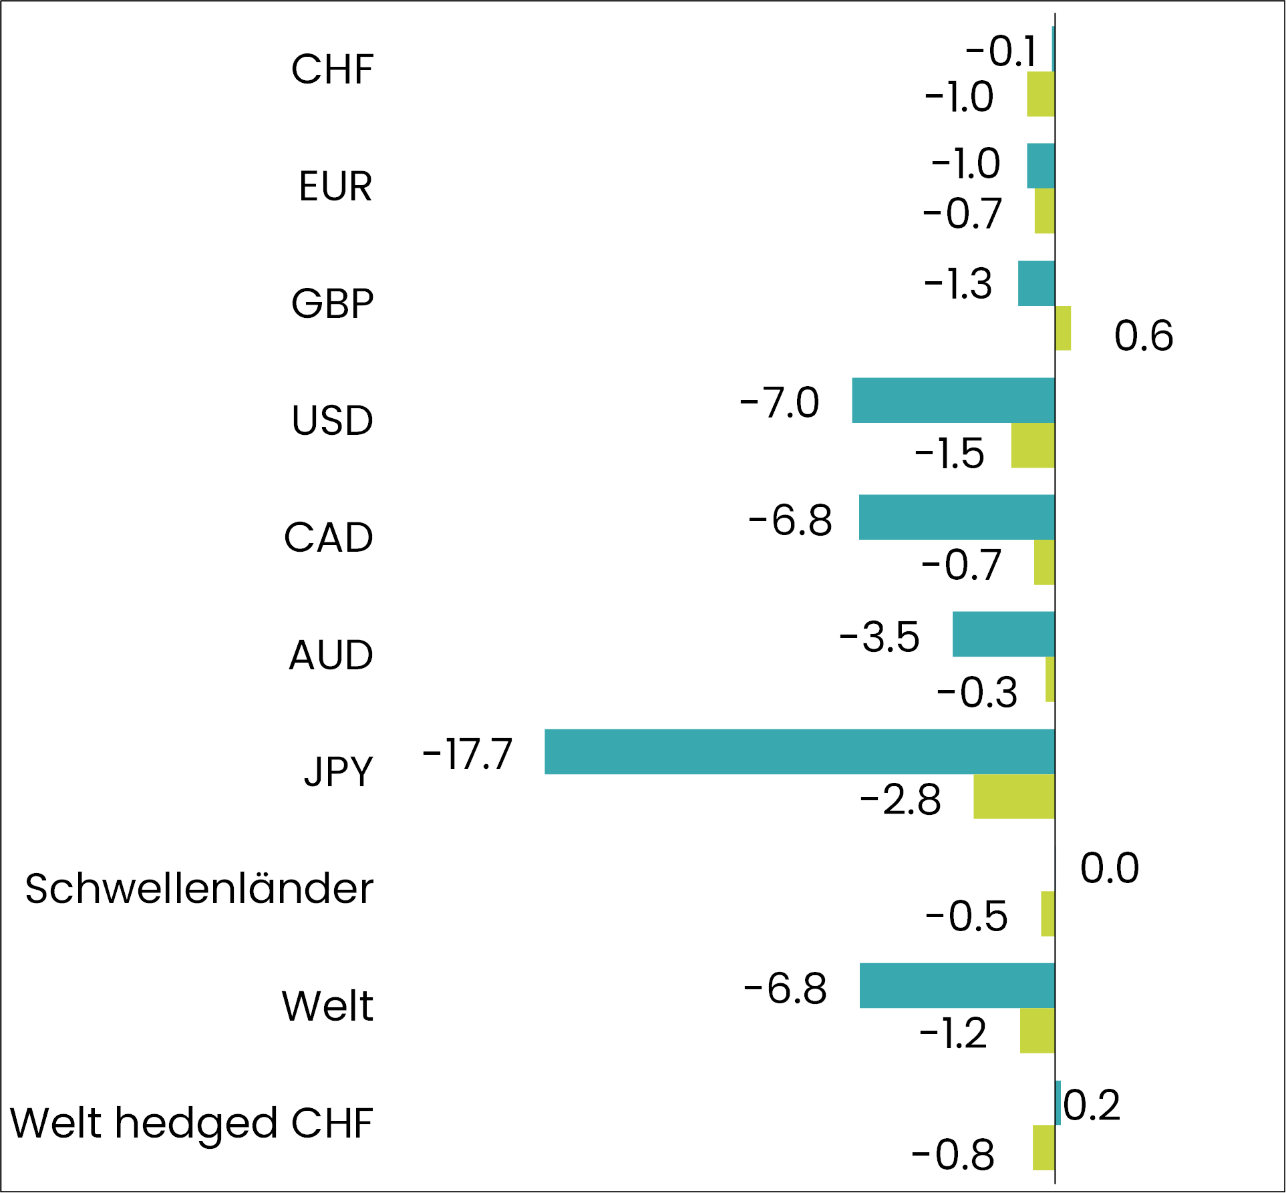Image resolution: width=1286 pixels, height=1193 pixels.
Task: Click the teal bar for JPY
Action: [x=800, y=751]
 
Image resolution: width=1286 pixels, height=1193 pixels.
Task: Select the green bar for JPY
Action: [x=1014, y=796]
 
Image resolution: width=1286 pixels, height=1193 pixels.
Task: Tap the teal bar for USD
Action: [x=953, y=400]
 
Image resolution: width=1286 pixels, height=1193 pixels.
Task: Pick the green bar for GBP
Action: [x=1063, y=328]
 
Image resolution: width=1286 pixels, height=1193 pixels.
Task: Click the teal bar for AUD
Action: [x=1003, y=634]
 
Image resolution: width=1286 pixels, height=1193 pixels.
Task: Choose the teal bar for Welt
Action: [x=957, y=985]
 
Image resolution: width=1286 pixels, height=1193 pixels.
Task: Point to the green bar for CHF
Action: [x=1041, y=94]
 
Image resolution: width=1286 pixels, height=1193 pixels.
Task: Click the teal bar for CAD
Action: [x=957, y=517]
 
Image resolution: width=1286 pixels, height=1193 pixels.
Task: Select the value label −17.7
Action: [x=468, y=754]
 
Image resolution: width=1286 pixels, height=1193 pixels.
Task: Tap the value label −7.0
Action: [x=780, y=403]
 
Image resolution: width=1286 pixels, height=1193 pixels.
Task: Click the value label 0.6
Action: [x=1143, y=335]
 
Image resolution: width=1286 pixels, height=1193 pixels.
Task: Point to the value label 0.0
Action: [x=1110, y=868]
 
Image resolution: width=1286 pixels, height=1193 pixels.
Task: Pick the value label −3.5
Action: [x=879, y=637]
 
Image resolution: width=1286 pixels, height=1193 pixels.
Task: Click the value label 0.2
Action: [x=1092, y=1105]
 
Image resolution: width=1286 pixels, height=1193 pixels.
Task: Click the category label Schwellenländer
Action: [x=199, y=889]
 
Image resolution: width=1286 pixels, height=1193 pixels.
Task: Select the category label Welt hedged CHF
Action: [x=192, y=1124]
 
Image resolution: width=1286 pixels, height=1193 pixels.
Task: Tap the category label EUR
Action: [x=335, y=186]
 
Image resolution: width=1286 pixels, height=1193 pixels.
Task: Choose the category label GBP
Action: [x=333, y=304]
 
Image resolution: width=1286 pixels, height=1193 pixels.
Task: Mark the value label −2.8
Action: [x=901, y=800]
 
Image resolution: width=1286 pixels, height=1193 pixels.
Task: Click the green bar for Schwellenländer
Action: [x=1048, y=913]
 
